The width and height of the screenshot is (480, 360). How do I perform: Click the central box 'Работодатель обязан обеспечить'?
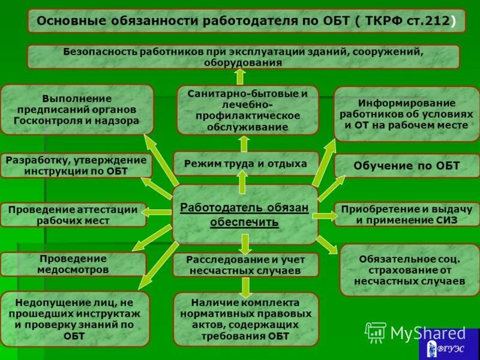coord(245,214)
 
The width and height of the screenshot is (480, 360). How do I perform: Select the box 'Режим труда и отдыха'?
coord(245,163)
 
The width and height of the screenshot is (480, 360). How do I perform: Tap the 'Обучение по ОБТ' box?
coord(406,166)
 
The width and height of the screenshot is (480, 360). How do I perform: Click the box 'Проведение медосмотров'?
coord(73,264)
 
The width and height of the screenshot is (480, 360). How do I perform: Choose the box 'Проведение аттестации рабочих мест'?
coord(73,215)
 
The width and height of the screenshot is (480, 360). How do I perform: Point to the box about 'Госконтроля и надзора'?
coord(77,109)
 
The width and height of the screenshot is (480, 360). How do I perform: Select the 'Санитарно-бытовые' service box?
coord(247,110)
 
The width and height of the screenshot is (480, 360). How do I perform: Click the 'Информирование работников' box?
coord(406,113)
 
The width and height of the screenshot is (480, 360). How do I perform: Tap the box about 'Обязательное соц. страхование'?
coord(409,270)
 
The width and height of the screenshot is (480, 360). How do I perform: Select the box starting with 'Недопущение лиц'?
coord(74,319)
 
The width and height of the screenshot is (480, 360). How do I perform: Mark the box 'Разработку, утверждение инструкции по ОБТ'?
coord(76,166)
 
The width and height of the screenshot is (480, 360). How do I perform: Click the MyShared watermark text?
coord(427,333)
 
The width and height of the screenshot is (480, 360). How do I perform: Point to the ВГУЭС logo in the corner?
coord(449,347)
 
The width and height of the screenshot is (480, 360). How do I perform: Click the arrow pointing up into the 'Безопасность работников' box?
coord(240,76)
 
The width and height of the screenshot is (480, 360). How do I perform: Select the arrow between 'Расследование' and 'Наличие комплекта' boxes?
coord(245,286)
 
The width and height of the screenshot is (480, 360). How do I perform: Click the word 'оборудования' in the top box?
coord(243,62)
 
